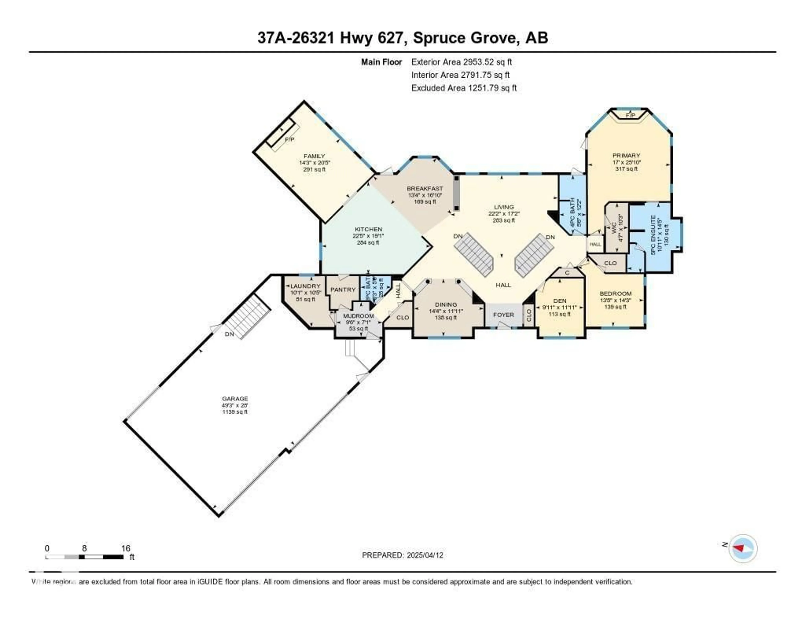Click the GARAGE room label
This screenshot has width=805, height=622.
point(235,399)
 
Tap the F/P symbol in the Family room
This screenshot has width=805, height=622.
point(289,139)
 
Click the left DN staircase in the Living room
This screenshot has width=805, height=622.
point(474,254)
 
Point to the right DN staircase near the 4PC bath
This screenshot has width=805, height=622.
point(534,254)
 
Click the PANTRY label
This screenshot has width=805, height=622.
point(343,290)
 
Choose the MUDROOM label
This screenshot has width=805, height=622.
point(358,316)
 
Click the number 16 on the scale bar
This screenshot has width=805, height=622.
point(126,548)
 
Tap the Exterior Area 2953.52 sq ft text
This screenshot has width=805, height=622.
point(461,62)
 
